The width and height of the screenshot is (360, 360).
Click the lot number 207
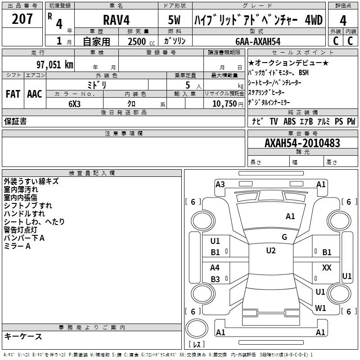pyautogui.click(x=22, y=19)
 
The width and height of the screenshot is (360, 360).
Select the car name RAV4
pyautogui.click(x=116, y=20)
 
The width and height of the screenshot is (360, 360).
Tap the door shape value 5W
pyautogui.click(x=174, y=20)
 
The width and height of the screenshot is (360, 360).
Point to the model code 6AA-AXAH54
pyautogui.click(x=258, y=41)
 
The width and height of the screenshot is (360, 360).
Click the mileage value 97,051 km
pyautogui.click(x=54, y=65)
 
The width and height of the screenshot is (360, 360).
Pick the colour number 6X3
pyautogui.click(x=74, y=104)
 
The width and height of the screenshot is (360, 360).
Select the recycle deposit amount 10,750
pyautogui.click(x=224, y=104)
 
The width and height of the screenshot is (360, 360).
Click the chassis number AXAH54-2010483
pyautogui.click(x=302, y=143)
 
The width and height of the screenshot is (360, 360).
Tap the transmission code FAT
pyautogui.click(x=13, y=94)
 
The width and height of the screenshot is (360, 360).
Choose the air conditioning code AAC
pyautogui.click(x=35, y=94)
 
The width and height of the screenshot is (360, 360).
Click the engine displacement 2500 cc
pyautogui.click(x=141, y=41)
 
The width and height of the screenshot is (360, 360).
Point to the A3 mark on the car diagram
pyautogui.click(x=220, y=184)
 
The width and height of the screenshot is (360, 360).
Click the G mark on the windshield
pyautogui.click(x=284, y=237)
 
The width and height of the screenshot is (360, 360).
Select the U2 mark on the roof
pyautogui.click(x=271, y=251)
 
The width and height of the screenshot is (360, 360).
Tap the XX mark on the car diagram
pyautogui.click(x=327, y=267)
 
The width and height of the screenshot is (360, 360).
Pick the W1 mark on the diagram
pyautogui.click(x=320, y=308)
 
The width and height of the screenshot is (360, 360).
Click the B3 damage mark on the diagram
pyautogui.click(x=215, y=279)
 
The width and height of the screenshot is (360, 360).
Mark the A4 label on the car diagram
pyautogui.click(x=215, y=267)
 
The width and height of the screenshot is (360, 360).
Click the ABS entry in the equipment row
pyautogui.click(x=289, y=121)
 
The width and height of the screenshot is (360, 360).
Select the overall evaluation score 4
pyautogui.click(x=343, y=20)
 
